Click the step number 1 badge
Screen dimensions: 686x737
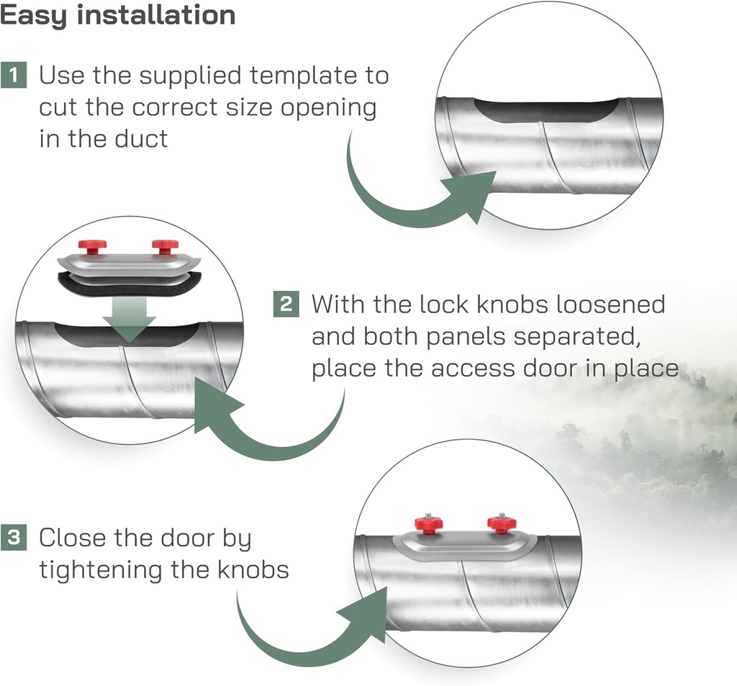click(14, 74)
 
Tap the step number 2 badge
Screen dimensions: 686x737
click(286, 304)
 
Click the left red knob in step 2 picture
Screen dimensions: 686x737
click(92, 246)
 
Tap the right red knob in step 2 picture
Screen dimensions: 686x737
click(165, 246)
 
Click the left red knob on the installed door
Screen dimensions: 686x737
click(429, 523)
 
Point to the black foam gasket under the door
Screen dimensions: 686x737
click(128, 286)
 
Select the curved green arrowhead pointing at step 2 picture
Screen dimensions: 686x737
click(216, 407)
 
